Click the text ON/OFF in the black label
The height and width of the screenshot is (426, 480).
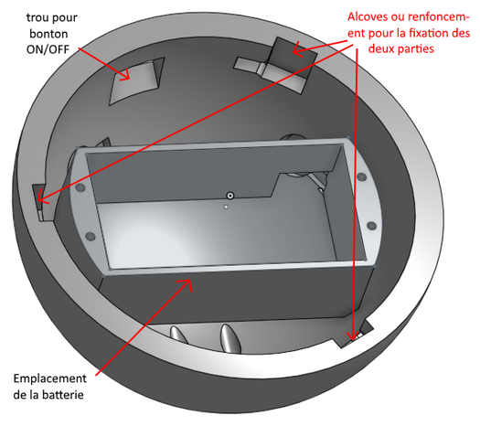(48, 49)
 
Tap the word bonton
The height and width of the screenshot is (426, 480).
(48, 33)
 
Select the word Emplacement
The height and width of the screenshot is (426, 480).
(50, 378)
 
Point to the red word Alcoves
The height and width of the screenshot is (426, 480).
(368, 16)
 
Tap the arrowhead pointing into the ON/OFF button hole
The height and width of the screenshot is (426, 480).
(125, 75)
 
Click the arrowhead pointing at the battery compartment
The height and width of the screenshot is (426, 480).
(186, 284)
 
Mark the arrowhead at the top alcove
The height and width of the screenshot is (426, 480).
(297, 49)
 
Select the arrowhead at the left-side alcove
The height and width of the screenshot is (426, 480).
(42, 200)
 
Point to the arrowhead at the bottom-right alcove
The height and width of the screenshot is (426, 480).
(353, 335)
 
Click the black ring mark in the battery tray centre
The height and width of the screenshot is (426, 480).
(230, 196)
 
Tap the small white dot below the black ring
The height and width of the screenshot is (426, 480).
(226, 207)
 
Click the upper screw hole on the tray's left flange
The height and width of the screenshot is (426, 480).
(80, 188)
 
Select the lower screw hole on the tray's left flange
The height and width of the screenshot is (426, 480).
(90, 237)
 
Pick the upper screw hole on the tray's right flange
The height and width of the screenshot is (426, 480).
(362, 176)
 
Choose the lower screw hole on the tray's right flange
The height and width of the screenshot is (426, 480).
(371, 227)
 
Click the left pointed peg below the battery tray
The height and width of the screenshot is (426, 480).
(179, 335)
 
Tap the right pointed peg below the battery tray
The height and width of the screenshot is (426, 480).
(230, 338)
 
